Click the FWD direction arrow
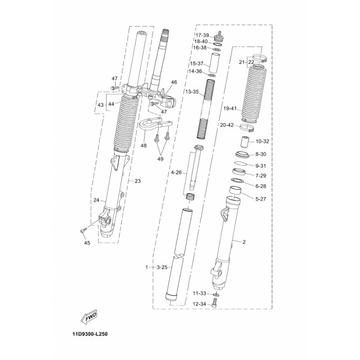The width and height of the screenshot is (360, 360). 89,318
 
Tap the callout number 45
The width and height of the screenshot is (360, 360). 87,243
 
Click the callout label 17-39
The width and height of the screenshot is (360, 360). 202,35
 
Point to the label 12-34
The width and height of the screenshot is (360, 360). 199,304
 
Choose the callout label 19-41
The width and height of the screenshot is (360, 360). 230,108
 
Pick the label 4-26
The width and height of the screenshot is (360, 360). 176,172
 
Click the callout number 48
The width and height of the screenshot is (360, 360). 144,145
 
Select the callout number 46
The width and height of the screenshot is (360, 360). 174,82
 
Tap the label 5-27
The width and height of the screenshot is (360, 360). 261,199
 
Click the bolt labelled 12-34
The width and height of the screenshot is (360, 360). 215,302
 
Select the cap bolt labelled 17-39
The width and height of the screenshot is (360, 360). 218,36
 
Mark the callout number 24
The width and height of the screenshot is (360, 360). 96,200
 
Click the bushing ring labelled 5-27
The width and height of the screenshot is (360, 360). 235,190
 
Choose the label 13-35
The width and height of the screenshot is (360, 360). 192,92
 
